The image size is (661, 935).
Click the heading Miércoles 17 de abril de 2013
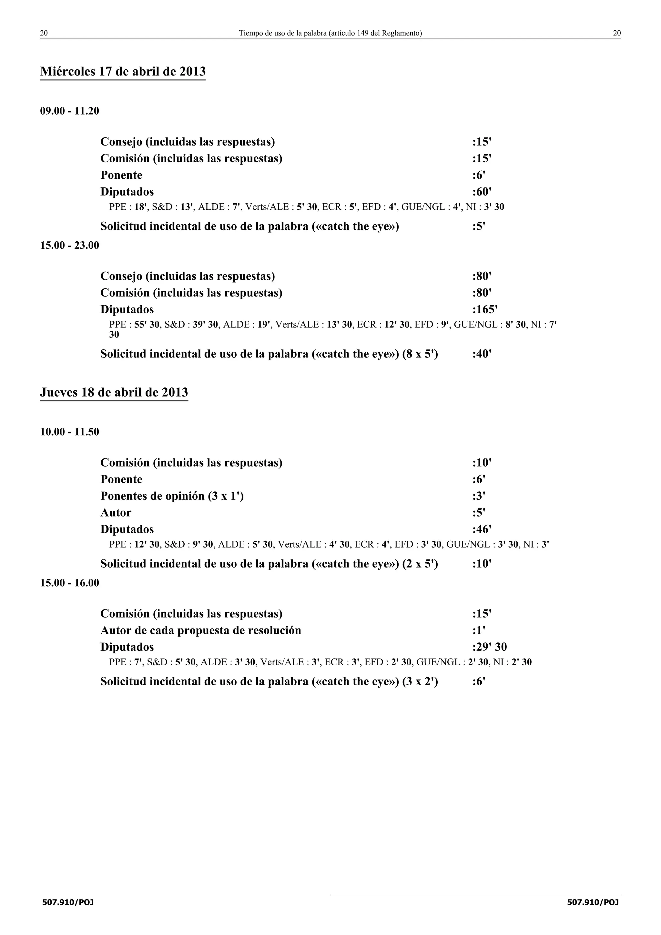(123, 72)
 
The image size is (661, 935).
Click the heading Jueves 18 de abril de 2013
(114, 393)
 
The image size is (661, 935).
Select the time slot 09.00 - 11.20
(70, 111)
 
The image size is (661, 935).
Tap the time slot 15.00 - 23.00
(70, 246)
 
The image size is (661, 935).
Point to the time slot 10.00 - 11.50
(70, 432)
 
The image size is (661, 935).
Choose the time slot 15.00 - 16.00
(70, 583)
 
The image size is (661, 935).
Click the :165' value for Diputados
(485, 310)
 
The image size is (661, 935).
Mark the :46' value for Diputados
(482, 529)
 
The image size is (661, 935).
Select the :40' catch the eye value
(482, 354)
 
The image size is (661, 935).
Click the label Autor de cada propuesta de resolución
(201, 630)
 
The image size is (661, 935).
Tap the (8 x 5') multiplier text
(420, 354)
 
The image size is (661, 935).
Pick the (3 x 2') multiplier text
(420, 682)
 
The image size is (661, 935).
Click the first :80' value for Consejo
(482, 276)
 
